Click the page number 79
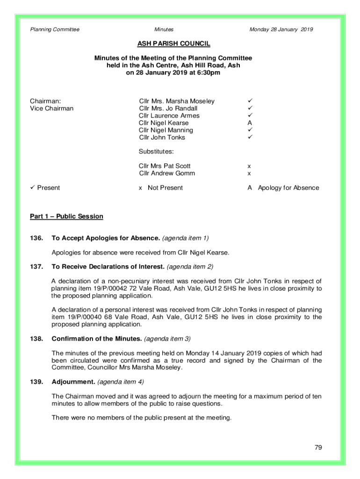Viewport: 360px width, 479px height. click(x=318, y=448)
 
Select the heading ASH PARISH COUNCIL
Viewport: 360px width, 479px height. click(x=173, y=44)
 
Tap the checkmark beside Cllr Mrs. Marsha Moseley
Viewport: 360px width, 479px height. click(x=250, y=101)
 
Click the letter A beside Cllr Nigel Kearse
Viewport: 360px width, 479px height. click(x=250, y=123)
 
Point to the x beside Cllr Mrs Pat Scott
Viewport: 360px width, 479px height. click(x=249, y=166)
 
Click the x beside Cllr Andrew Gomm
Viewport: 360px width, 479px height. click(x=249, y=174)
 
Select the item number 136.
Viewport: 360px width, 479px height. click(x=36, y=238)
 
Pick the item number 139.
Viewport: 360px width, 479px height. click(x=36, y=382)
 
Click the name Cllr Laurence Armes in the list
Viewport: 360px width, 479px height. click(x=169, y=116)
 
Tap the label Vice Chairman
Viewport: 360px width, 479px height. click(x=52, y=109)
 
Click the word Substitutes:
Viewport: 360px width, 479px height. click(x=156, y=152)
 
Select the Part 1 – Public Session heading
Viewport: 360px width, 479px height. click(x=66, y=217)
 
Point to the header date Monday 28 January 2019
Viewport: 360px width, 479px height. click(x=281, y=29)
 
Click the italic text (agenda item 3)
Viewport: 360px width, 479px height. click(x=167, y=339)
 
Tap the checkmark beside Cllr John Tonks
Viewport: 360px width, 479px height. click(x=250, y=137)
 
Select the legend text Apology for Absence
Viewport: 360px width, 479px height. click(x=288, y=188)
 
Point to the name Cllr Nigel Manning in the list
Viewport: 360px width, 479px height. click(x=166, y=130)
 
